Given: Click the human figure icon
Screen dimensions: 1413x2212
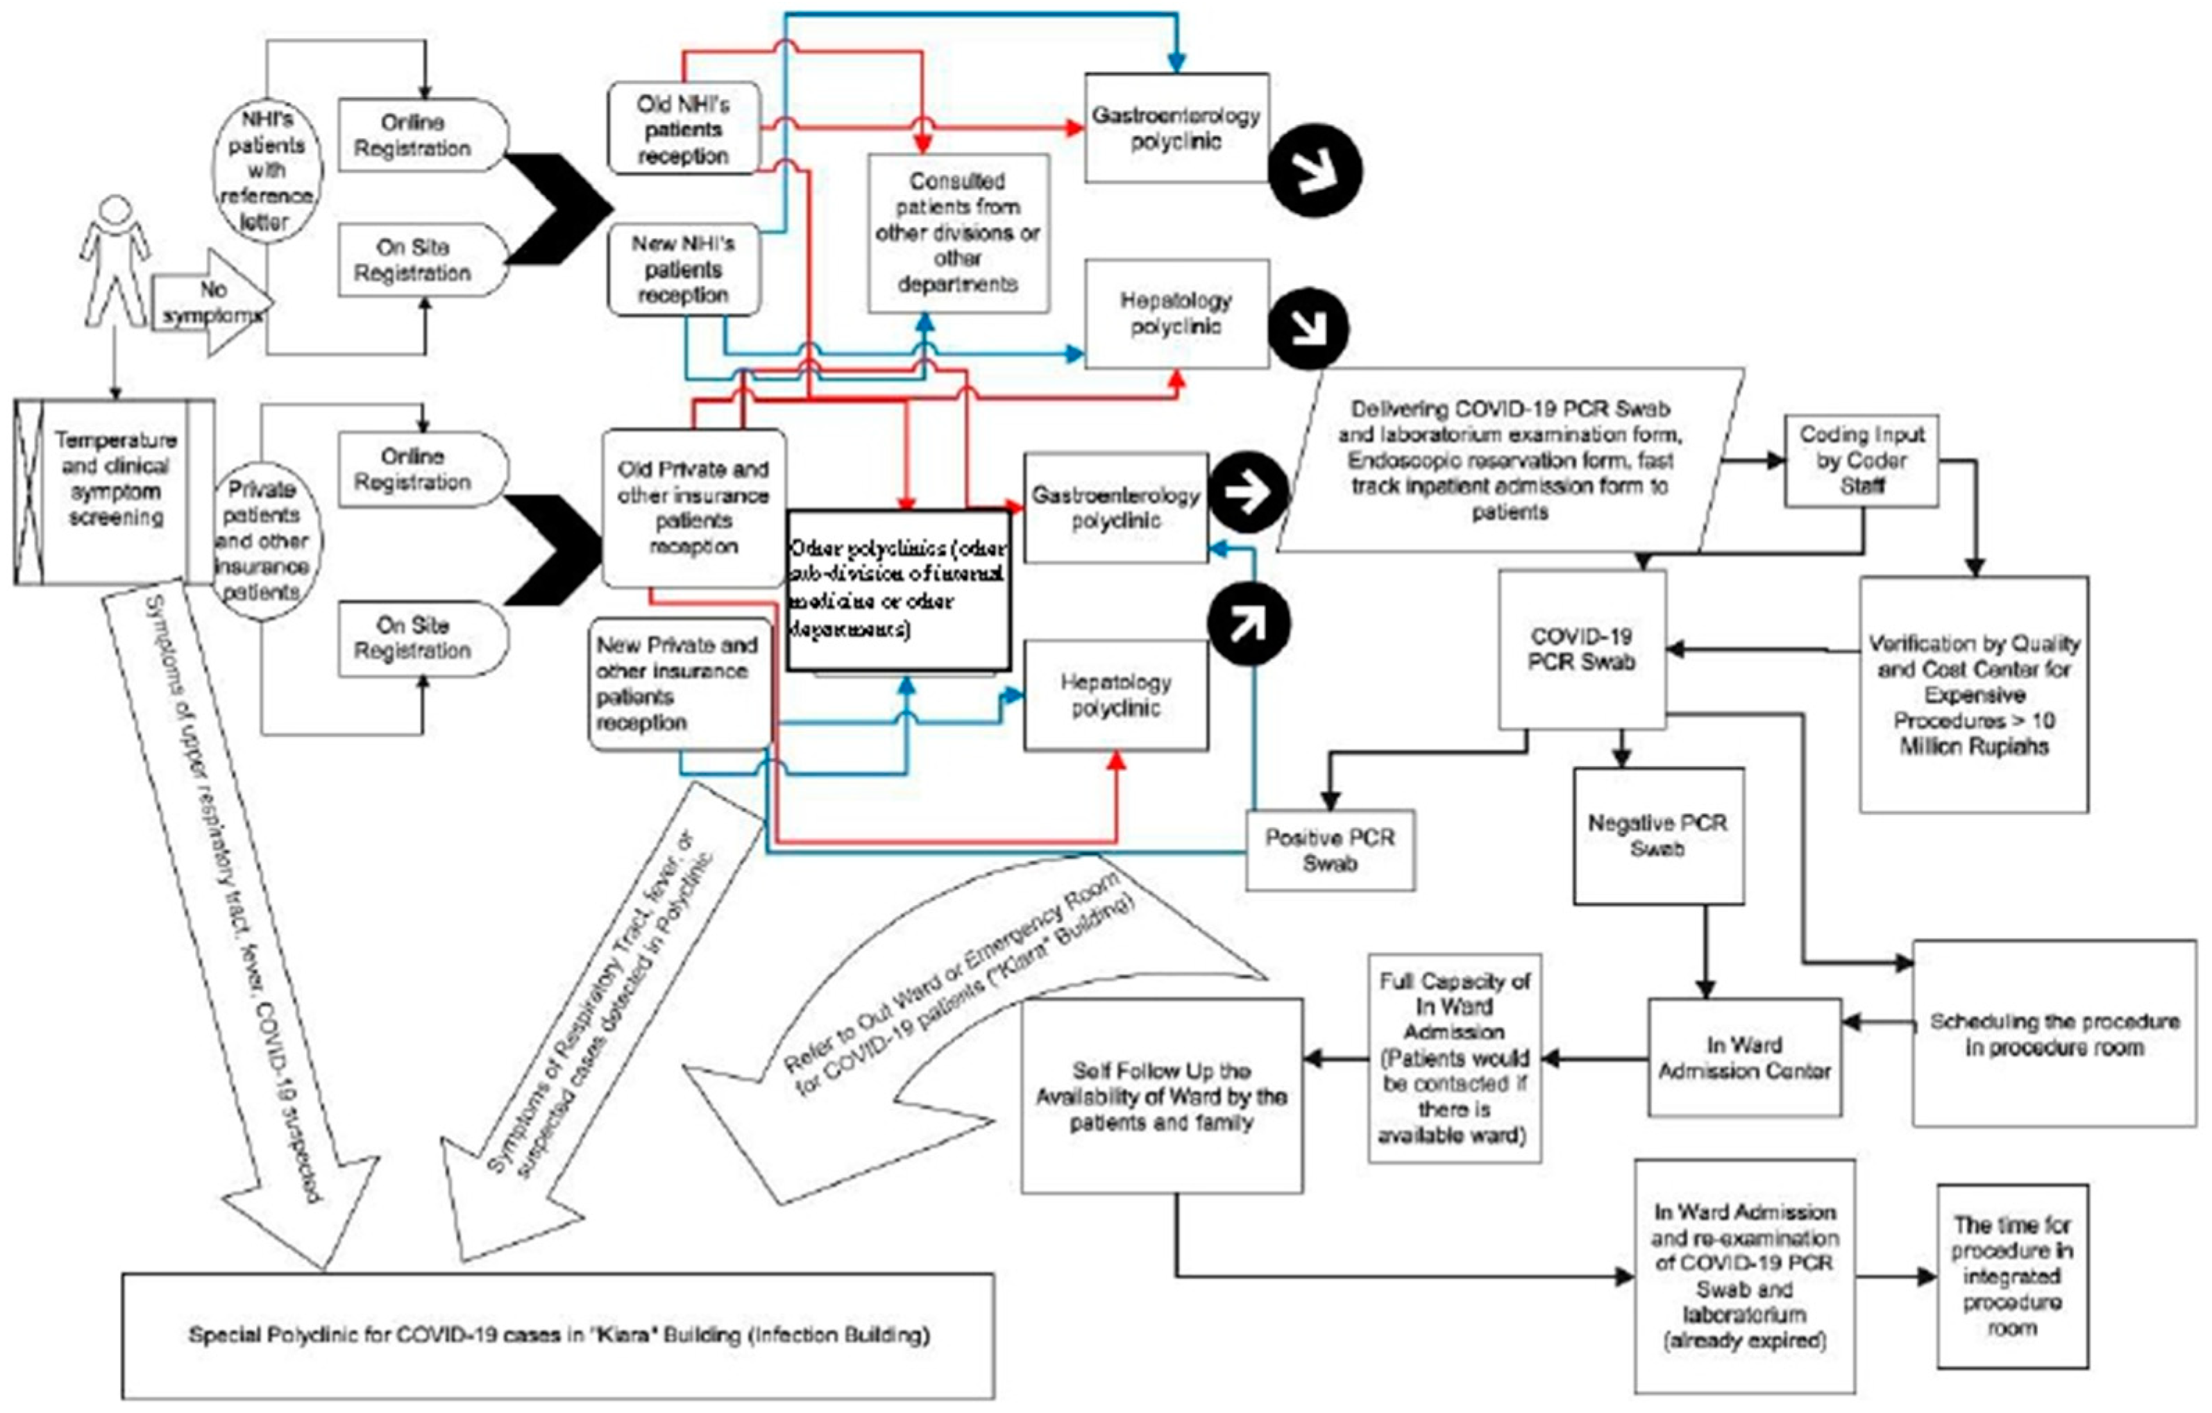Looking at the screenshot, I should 115,262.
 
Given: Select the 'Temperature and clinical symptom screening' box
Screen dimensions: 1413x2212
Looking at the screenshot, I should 115,491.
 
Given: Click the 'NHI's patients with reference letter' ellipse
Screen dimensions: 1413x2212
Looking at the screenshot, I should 267,171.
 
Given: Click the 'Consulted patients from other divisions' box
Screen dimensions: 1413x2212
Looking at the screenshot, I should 958,232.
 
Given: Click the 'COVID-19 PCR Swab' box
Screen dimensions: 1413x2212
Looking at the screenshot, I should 1581,649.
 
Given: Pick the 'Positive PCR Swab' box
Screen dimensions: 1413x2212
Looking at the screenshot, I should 1329,850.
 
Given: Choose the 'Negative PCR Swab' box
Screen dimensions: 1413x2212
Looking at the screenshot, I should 1657,836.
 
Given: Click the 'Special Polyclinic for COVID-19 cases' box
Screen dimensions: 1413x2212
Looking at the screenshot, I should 557,1335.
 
